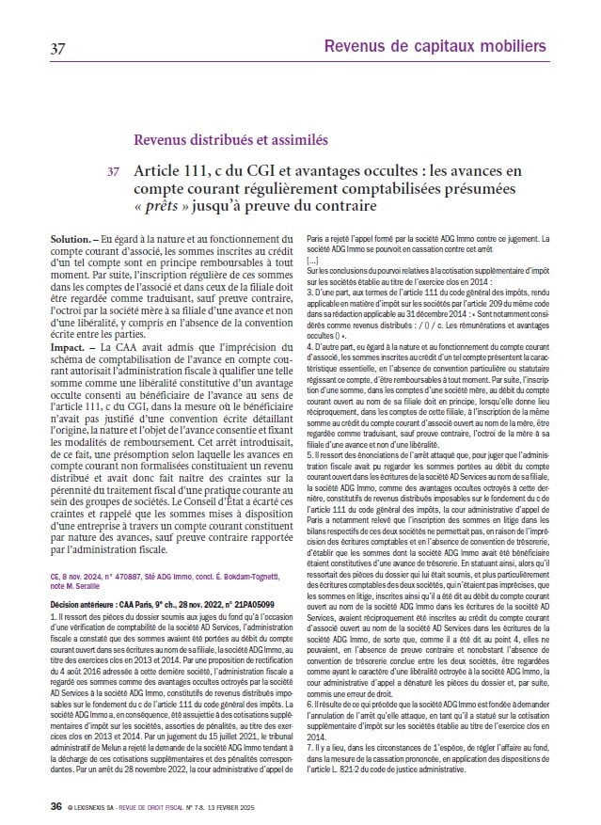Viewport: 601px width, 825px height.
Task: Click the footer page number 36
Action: pos(56,806)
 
